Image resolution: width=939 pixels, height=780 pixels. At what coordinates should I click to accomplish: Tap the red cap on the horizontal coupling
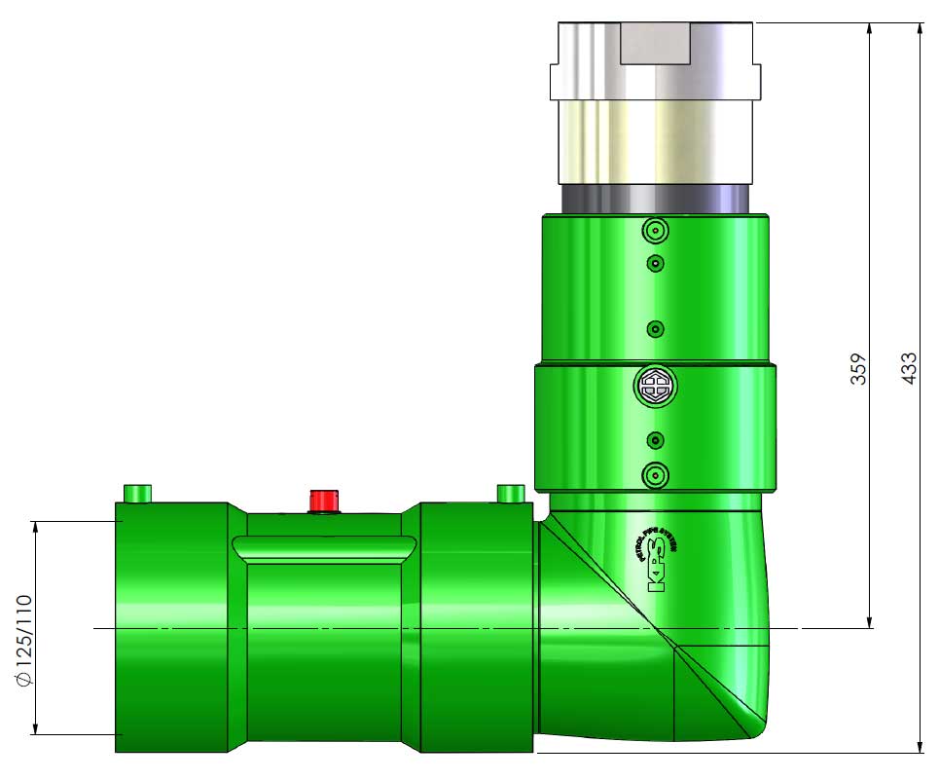point(323,501)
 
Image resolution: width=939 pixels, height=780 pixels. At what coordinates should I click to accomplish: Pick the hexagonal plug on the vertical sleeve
point(655,387)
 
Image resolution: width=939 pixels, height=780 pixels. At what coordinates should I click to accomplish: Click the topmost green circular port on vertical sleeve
point(655,232)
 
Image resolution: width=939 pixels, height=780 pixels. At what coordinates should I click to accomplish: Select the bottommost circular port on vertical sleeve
point(655,475)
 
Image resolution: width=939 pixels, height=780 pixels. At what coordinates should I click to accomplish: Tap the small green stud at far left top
point(138,493)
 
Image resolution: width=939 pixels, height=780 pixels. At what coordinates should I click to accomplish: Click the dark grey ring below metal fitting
point(655,199)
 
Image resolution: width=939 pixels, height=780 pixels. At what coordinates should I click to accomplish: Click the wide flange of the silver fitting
point(655,82)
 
